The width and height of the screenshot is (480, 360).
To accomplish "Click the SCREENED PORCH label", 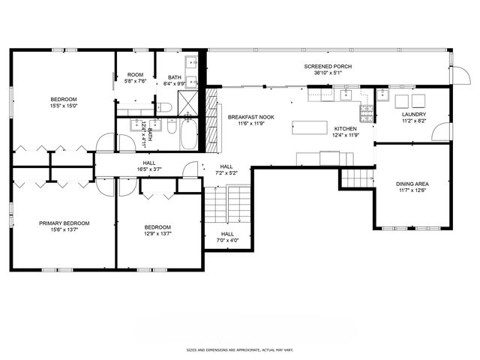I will pos(328,66).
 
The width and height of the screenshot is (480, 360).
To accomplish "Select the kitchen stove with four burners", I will pos(367,114).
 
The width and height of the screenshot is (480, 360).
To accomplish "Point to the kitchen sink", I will pos(346,95).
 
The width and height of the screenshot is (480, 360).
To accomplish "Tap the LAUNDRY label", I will pos(413,114).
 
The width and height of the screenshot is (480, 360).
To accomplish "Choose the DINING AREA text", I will pos(412,184).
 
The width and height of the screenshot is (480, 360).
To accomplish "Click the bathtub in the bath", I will pos(187,136).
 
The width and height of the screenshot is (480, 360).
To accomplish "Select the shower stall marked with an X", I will pos(191,105).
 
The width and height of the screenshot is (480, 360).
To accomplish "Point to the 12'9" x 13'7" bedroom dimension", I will pos(157,233).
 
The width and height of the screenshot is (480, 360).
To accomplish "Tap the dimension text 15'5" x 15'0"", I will pos(64,106).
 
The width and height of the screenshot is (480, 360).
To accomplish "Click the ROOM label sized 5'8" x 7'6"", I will pos(135,74).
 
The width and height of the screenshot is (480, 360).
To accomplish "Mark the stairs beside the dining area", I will pos(357,178).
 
